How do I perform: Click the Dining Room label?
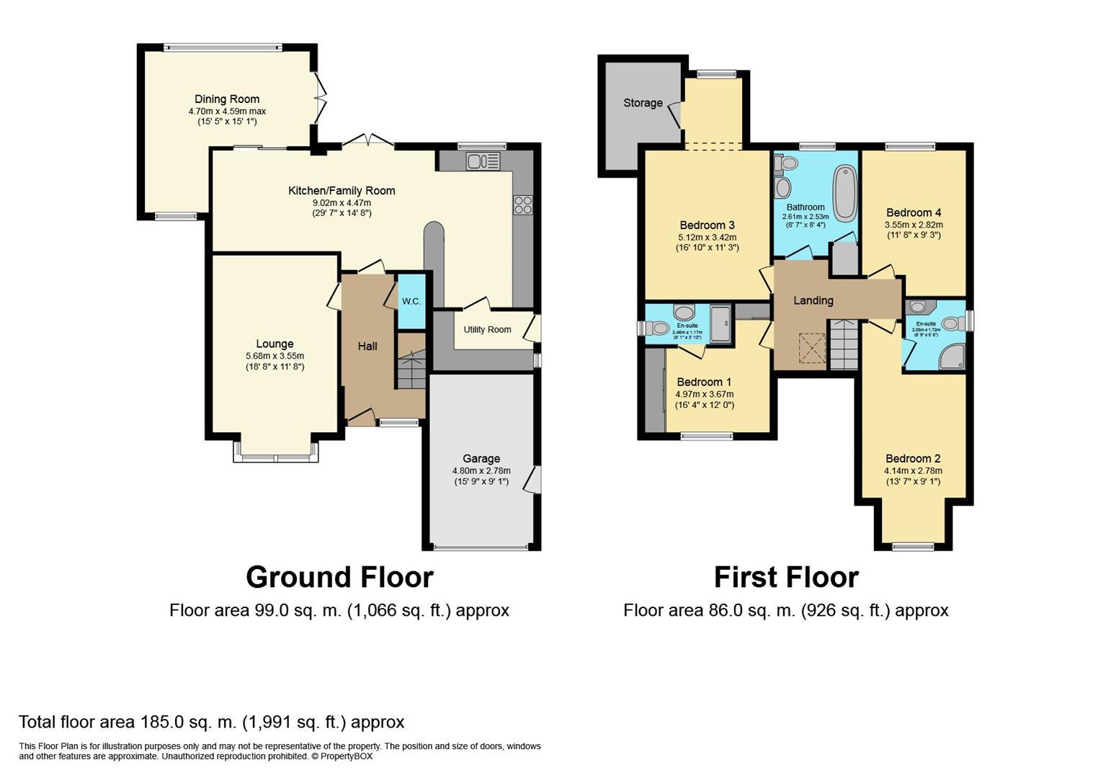pos(227,99)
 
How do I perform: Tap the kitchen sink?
pos(478,161)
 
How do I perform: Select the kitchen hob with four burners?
pos(522,205)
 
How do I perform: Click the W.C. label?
pos(411,301)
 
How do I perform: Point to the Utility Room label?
pos(487,330)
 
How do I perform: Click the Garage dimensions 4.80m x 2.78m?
pos(481,471)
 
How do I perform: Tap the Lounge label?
pos(275,344)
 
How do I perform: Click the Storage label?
pos(643,103)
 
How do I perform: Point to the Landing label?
pos(813,300)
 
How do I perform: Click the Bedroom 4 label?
pos(914,213)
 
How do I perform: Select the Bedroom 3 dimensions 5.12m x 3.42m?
pos(707,237)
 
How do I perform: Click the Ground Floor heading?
pos(339,578)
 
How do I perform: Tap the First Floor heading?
pos(786,578)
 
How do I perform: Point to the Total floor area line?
pos(211,722)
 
